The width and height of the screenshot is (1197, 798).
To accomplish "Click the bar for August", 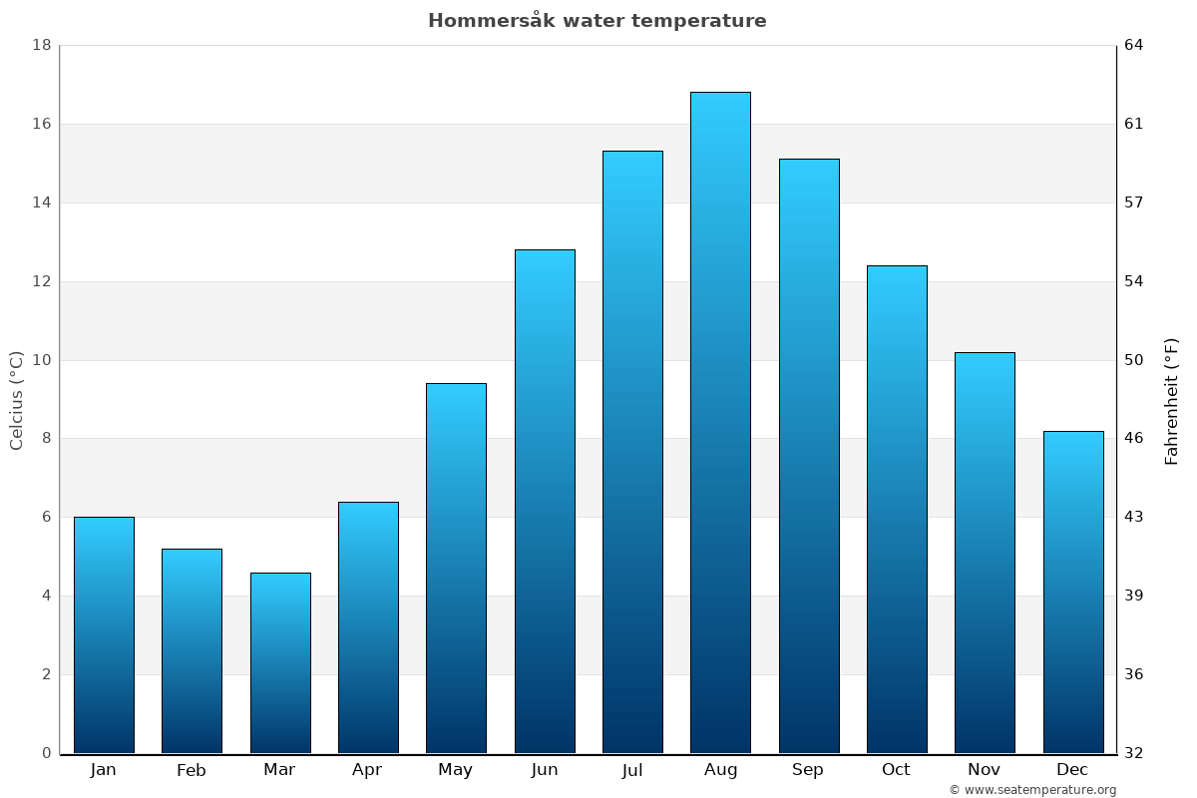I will coord(720,423).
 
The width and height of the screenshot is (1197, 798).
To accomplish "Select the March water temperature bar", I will coord(280,662).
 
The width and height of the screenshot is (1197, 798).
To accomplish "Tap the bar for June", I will coord(545,502).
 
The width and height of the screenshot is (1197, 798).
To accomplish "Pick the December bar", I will coord(1073,592).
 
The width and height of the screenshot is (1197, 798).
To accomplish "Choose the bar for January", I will coord(104,634).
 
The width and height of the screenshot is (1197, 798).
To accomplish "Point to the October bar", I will coord(897,509).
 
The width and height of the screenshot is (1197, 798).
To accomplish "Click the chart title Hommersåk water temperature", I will coord(598,21).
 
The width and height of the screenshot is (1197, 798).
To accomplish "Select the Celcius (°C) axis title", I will coord(17,400).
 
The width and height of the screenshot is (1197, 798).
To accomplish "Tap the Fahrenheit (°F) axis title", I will coord(1172,400).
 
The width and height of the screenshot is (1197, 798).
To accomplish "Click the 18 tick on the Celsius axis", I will coord(42,45).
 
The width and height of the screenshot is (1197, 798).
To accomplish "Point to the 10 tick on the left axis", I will coord(42,360).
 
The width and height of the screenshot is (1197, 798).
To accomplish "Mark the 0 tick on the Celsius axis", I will coord(46,753).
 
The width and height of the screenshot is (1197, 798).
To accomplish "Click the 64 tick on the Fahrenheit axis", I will coord(1134,45).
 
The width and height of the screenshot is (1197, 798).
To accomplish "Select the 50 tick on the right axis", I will coord(1134,360).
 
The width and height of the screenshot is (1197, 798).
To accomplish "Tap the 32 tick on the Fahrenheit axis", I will coord(1134,753).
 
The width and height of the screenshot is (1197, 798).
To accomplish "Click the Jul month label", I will coord(632,770).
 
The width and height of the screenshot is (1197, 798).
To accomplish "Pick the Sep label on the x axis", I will coord(808,770).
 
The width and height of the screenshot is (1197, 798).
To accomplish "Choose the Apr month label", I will coord(367,770).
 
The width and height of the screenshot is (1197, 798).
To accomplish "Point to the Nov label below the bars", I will coord(985,770).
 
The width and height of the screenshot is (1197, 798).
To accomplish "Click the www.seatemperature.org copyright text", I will coord(1032,790).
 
